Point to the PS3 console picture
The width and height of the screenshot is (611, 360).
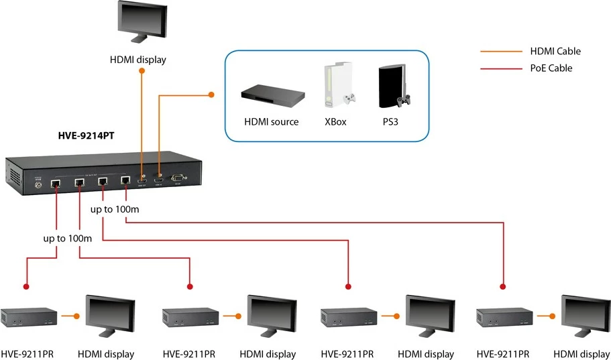392,87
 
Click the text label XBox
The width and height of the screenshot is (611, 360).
335,122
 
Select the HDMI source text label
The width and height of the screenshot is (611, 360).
271,122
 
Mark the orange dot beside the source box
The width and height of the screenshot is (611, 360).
211,95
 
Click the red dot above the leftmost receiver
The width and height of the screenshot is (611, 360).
27,286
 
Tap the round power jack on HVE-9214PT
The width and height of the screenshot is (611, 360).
38,184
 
